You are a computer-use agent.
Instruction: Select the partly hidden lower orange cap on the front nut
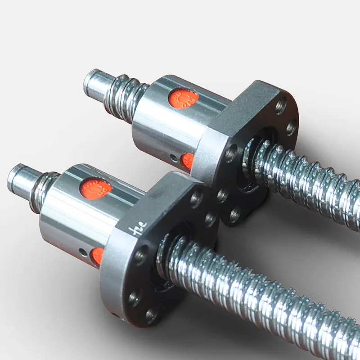tap(96, 256)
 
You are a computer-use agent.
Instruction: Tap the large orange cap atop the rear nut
tap(184, 98)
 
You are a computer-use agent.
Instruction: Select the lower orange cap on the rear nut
tap(187, 161)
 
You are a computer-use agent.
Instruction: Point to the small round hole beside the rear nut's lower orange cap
tap(174, 158)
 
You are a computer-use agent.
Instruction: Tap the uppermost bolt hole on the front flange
tap(196, 198)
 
